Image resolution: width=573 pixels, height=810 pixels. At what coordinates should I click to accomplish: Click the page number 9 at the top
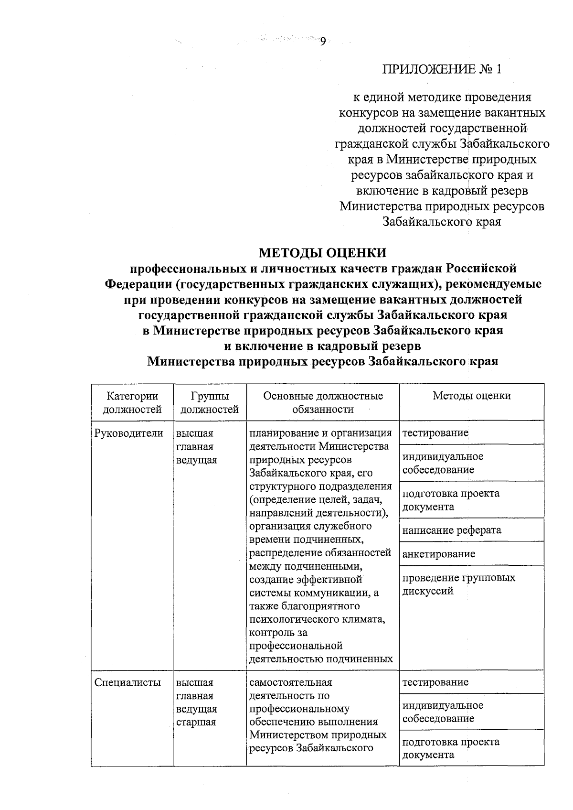tap(323, 42)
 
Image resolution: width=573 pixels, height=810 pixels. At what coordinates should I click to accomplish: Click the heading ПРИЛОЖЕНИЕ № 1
tap(442, 70)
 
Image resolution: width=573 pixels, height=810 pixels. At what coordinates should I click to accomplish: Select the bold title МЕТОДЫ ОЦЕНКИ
tap(322, 252)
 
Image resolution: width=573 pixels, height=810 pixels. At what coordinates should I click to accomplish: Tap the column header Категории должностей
tap(132, 402)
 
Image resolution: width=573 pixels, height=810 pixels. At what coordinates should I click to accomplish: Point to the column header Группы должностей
tap(210, 402)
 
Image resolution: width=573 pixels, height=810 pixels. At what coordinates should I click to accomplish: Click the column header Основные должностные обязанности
tap(323, 402)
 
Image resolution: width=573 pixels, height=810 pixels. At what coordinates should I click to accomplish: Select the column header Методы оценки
tap(471, 396)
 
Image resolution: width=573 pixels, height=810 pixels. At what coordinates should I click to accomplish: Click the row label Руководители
tap(129, 433)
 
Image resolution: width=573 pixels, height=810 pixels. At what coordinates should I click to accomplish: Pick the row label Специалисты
tap(127, 682)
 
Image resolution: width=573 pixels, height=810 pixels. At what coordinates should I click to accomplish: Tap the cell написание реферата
tap(452, 530)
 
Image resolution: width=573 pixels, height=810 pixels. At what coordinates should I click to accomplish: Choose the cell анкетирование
tap(438, 554)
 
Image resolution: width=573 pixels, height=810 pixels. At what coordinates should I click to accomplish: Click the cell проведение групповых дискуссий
tap(458, 584)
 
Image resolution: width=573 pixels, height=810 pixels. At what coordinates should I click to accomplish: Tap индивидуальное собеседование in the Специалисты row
tap(442, 712)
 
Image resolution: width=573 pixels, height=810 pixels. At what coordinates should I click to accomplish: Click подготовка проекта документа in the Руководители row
tap(450, 500)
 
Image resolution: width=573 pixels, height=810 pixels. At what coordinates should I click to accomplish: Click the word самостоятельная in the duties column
tap(290, 682)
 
